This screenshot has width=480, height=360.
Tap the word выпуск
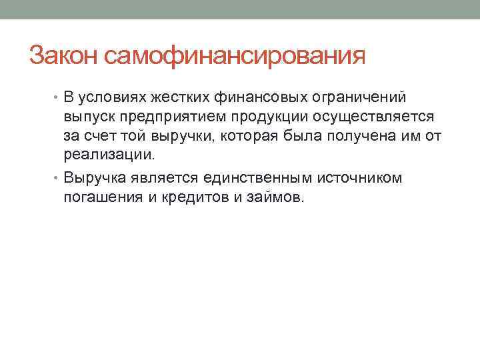87,117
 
